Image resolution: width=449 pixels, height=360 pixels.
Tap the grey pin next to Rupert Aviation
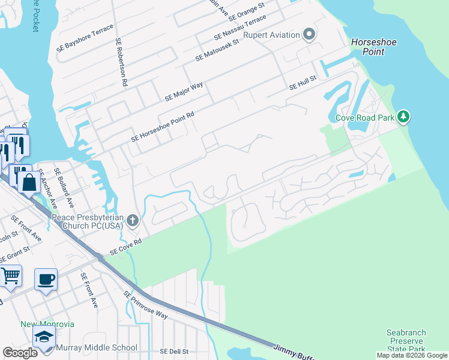point(309,34)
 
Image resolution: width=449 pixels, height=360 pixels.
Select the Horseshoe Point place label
point(371,47)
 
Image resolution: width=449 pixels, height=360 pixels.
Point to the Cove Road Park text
point(364,118)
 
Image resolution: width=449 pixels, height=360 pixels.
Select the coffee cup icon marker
point(46,279)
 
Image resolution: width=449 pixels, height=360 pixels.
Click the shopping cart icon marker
point(11,275)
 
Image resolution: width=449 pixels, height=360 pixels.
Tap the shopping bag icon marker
point(28,182)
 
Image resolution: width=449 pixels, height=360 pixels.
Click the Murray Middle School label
point(97,347)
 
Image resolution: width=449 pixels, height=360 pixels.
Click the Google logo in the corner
point(20,353)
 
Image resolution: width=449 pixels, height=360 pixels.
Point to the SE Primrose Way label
point(146,304)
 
